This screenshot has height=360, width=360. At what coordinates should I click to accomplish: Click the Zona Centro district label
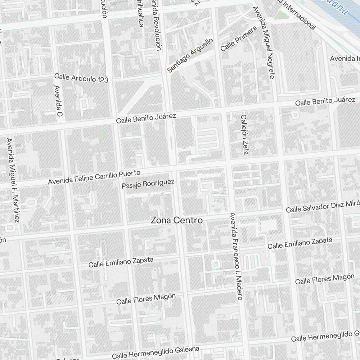(x=177, y=220)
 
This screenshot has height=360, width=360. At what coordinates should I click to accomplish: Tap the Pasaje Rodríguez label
(x=148, y=184)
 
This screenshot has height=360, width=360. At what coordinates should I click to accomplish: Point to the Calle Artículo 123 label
(x=81, y=78)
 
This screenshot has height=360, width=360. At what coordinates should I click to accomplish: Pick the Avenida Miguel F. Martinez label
(x=13, y=180)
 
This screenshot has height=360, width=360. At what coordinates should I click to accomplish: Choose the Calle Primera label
(x=238, y=38)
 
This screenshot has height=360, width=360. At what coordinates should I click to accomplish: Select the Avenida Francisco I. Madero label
(x=235, y=256)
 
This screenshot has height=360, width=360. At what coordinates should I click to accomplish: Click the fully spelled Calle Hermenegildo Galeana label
(x=156, y=352)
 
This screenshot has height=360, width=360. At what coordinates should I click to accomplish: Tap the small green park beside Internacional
(x=279, y=15)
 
